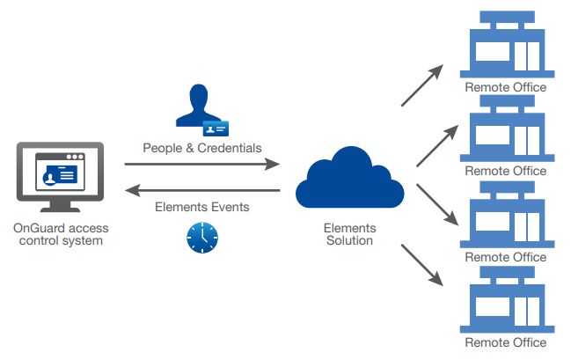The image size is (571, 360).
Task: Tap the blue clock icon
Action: pyautogui.click(x=202, y=237)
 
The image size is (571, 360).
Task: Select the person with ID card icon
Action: pyautogui.click(x=201, y=109)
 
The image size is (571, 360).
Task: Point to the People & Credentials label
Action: pyautogui.click(x=201, y=148)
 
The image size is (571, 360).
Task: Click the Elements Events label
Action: pyautogui.click(x=201, y=208)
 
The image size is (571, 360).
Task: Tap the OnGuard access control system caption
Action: pyautogui.click(x=61, y=234)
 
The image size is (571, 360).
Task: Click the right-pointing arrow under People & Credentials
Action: pyautogui.click(x=201, y=164)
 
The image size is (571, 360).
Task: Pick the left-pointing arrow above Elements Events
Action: pyautogui.click(x=201, y=190)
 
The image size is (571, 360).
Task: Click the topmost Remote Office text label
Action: pyautogui.click(x=505, y=87)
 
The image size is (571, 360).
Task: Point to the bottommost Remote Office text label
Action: pyautogui.click(x=505, y=342)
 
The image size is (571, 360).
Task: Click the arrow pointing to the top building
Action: pyautogui.click(x=423, y=85)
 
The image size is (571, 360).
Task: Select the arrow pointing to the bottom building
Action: pyautogui.click(x=423, y=266)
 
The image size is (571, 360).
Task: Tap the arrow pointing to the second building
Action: pyautogui.click(x=437, y=145)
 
